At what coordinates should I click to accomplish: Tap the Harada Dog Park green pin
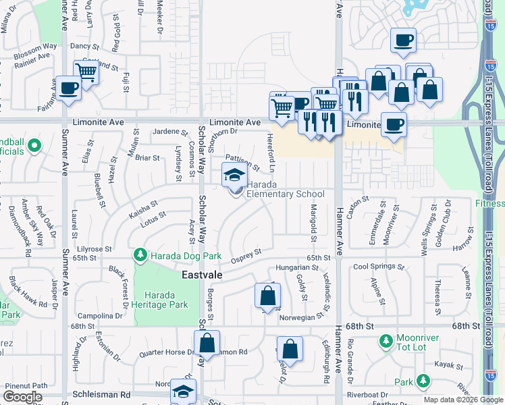(140, 255)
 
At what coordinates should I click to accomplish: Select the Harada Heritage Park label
(161, 300)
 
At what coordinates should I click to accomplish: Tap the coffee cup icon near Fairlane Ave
(68, 88)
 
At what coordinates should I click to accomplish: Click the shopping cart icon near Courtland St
(86, 71)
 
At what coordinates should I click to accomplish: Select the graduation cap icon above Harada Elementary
(235, 175)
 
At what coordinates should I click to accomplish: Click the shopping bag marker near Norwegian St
(268, 296)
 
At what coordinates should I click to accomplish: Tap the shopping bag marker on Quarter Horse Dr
(207, 342)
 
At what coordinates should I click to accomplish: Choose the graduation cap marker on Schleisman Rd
(183, 391)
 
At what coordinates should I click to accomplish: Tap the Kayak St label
(447, 364)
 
